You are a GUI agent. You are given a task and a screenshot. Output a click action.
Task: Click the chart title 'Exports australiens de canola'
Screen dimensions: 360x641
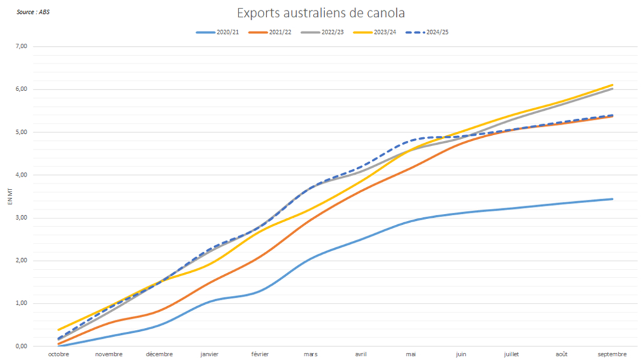click(320, 13)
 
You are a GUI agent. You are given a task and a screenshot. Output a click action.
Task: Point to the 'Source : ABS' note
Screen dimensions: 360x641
click(33, 12)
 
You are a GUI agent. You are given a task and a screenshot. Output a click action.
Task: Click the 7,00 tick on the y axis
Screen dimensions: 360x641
click(21, 46)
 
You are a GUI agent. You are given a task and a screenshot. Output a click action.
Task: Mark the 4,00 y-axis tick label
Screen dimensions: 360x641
click(21, 175)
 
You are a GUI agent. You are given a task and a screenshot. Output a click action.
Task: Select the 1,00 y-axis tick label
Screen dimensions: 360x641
click(21, 303)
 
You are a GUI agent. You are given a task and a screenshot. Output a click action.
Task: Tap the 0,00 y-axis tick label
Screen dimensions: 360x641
click(21, 346)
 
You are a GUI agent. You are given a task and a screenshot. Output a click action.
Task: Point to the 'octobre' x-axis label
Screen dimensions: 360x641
click(58, 354)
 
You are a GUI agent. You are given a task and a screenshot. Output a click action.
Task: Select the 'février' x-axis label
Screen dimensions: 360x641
click(260, 354)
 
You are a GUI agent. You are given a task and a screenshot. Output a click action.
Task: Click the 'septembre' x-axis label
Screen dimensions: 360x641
click(612, 354)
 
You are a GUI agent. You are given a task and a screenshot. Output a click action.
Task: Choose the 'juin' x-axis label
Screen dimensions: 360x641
click(461, 354)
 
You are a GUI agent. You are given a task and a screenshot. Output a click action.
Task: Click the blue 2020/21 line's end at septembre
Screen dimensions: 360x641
click(612, 199)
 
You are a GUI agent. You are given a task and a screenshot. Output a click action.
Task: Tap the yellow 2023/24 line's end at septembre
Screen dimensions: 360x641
click(612, 85)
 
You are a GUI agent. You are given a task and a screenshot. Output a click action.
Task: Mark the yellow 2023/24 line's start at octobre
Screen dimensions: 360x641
click(58, 330)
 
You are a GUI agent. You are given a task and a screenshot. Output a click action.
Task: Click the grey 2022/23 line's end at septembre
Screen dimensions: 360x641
click(612, 88)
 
